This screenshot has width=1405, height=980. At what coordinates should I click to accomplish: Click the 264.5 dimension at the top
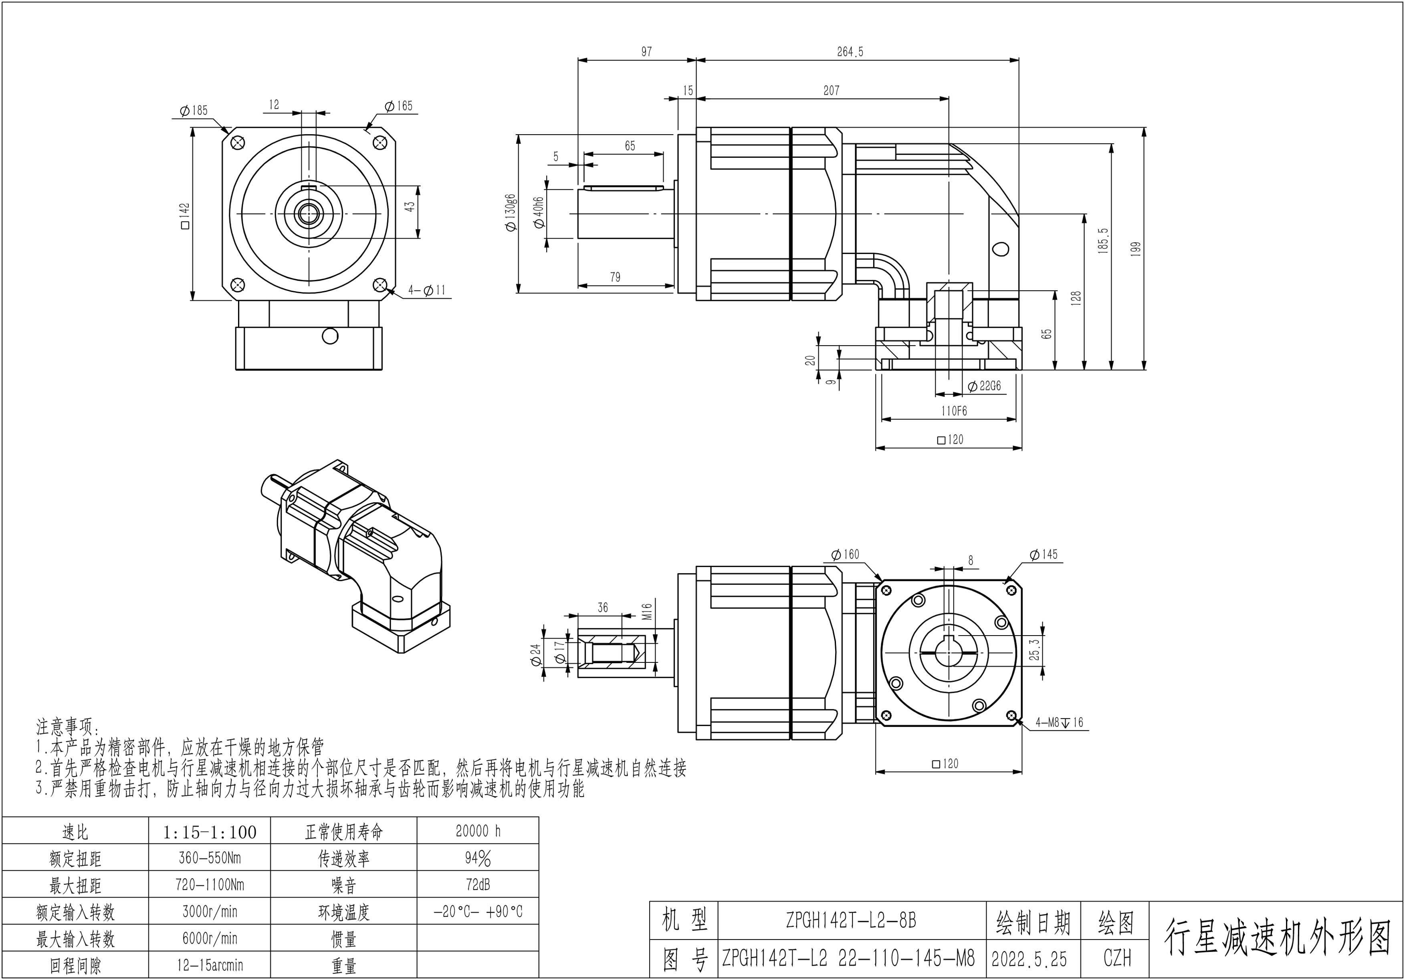coord(850,52)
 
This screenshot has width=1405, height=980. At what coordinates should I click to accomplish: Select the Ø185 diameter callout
coord(194,111)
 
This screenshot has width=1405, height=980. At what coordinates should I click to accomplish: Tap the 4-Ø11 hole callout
coord(427,291)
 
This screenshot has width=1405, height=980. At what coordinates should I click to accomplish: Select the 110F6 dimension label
coord(954,411)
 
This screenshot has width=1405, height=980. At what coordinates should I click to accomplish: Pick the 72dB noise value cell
coord(478,885)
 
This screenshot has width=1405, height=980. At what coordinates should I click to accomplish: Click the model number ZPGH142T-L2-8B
coord(851,921)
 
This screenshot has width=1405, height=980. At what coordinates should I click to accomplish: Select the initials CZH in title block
coord(1117,959)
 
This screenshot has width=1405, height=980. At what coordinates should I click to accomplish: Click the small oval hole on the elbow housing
coord(1001,249)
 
